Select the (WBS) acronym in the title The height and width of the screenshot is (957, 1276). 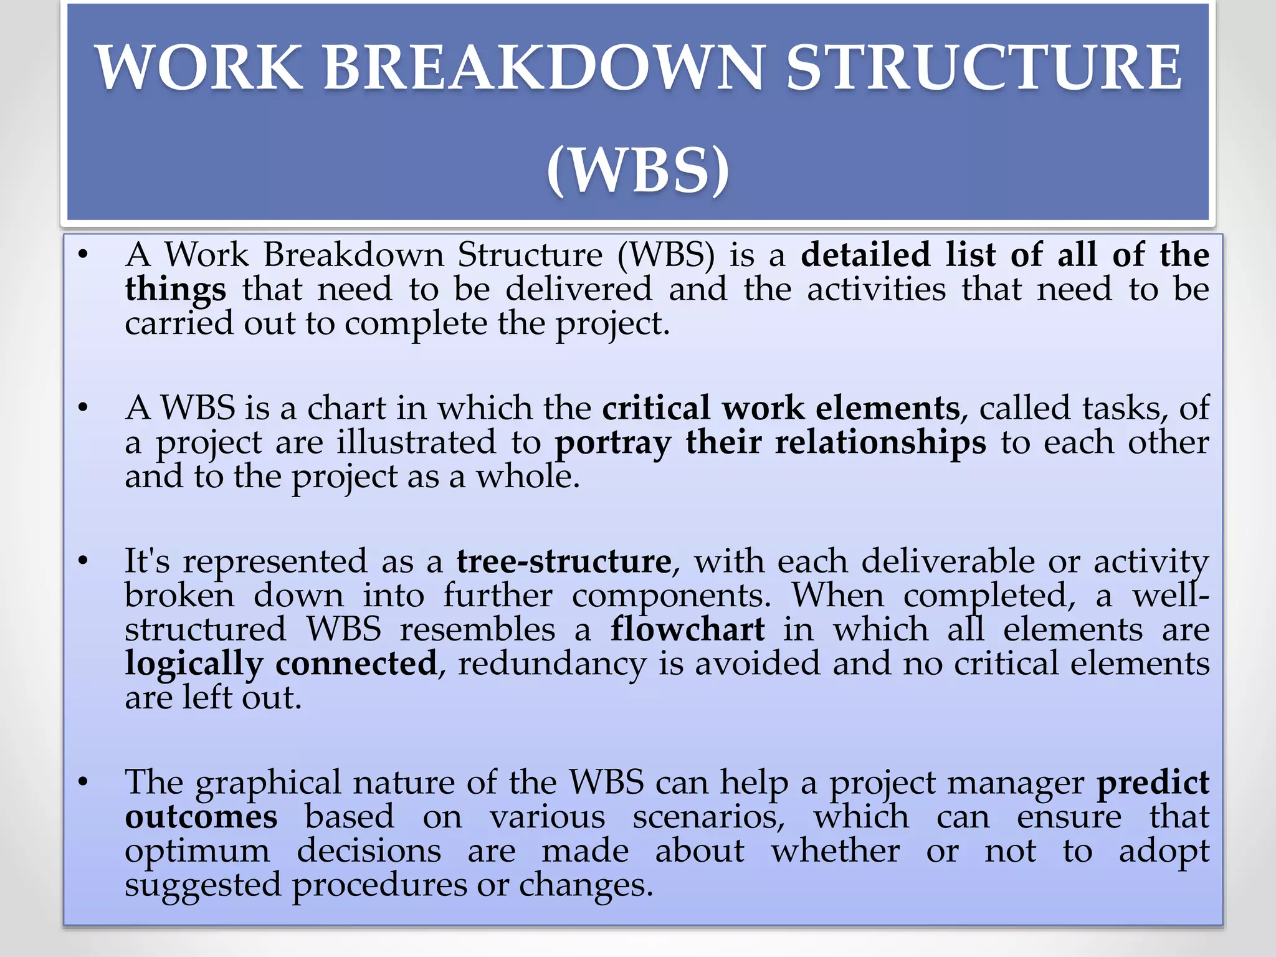pos(637,170)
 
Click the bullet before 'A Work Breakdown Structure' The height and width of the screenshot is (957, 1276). pos(83,255)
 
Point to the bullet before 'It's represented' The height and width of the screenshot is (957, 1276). pos(83,561)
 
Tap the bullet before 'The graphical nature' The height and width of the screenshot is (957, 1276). pos(83,782)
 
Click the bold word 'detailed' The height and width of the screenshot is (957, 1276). pos(865,255)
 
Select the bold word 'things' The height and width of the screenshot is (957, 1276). pos(175,290)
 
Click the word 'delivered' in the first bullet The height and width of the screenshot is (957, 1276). pos(579,290)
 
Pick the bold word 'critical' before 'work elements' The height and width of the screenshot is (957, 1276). pos(655,408)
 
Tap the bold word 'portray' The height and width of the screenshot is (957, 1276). pos(613,443)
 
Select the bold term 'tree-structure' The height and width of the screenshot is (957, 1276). pos(564,561)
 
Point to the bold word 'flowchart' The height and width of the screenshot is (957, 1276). pos(687,629)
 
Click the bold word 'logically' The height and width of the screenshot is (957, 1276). pos(194,664)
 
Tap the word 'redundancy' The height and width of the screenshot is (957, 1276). pos(552,664)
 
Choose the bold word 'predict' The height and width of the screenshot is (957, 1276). pos(1153,783)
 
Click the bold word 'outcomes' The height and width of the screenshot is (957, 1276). pos(201,817)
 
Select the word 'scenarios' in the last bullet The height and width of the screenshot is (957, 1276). pos(708,817)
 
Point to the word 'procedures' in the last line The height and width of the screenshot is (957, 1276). pos(379,885)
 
